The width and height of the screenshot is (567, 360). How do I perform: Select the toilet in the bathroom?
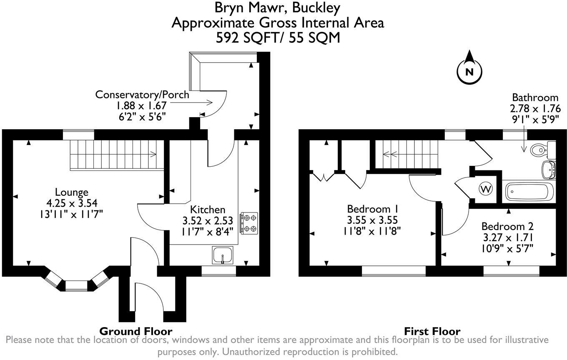tap(541, 149)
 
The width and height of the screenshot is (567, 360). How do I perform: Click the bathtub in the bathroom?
tap(529, 192)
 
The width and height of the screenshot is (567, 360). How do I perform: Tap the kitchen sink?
tap(223, 255)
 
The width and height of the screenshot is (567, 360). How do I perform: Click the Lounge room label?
tap(72, 192)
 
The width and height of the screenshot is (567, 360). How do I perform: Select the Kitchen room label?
tap(208, 209)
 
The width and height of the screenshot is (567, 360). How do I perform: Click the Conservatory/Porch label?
tap(142, 95)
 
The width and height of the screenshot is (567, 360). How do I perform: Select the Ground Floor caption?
tap(135, 331)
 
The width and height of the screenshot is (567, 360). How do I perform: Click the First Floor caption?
tap(432, 331)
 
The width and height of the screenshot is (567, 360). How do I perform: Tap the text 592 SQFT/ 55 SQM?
tap(278, 38)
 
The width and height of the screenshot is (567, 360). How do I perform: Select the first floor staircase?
tap(408, 155)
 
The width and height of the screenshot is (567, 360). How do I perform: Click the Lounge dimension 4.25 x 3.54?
tap(72, 203)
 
